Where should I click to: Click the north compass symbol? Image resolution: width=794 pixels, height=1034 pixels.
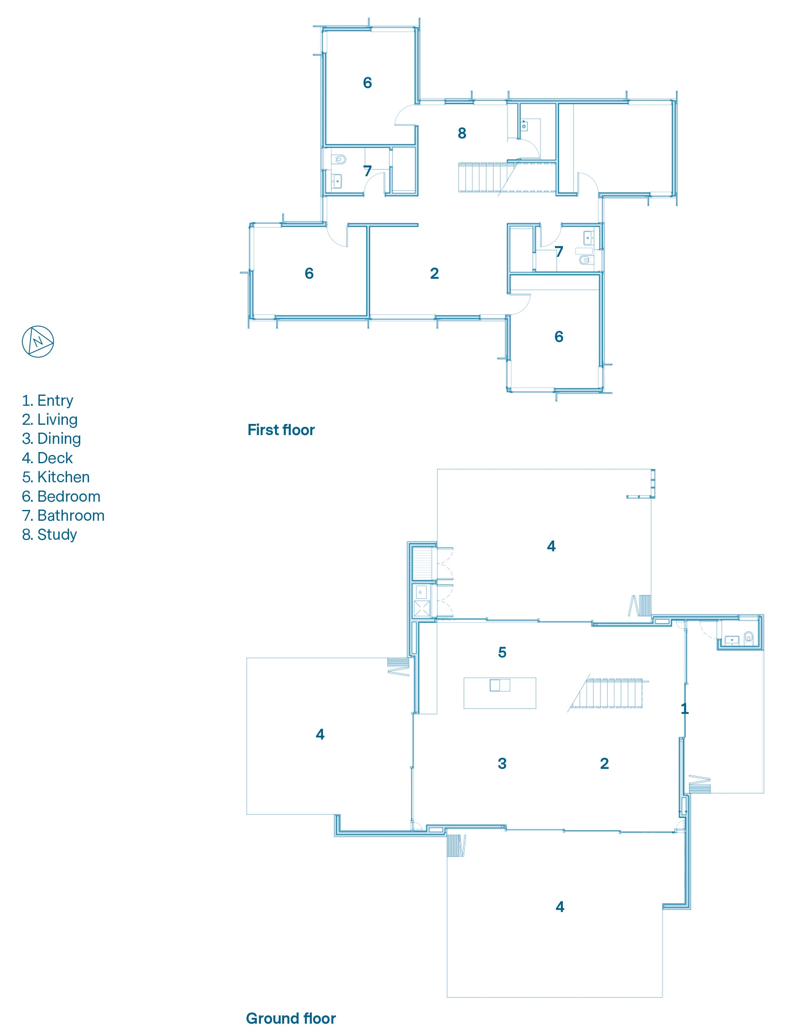38,341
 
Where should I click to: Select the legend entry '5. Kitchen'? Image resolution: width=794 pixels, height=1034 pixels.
56,477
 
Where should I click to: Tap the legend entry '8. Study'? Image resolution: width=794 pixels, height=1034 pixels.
50,534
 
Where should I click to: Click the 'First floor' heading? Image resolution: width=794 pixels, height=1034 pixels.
281,430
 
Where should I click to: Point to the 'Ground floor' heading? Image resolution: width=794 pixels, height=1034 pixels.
291,1018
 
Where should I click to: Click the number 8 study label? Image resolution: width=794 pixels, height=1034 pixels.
462,133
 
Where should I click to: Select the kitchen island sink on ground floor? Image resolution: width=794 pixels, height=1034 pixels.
500,685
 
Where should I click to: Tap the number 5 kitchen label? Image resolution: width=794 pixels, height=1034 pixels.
502,652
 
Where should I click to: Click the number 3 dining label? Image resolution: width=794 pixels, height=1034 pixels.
502,763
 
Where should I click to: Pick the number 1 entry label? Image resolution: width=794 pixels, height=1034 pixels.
684,709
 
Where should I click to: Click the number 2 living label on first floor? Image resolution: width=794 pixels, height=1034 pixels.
434,273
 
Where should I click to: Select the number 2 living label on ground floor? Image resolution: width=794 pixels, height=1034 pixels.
604,763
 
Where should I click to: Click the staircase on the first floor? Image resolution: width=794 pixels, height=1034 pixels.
507,177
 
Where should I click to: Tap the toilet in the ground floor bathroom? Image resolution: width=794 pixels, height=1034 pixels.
749,637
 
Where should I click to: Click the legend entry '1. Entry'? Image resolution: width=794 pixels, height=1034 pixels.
48,400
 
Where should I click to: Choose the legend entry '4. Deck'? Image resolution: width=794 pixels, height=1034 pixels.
47,458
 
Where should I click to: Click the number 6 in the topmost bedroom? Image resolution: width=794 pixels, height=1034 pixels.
367,83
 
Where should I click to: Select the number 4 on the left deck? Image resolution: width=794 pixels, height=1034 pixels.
320,734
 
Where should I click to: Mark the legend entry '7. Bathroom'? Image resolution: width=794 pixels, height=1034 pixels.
63,515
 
